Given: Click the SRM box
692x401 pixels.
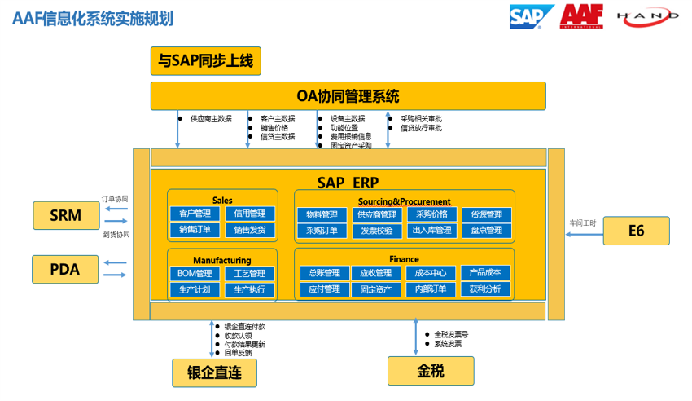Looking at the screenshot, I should point(65,215).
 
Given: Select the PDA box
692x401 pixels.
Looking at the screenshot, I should point(65,268).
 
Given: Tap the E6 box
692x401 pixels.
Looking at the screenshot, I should point(636,231).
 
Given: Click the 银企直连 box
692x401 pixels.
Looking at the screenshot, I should point(214,372).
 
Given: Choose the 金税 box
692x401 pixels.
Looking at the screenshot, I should point(431,371).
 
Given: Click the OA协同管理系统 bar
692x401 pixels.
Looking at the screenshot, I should point(348,96).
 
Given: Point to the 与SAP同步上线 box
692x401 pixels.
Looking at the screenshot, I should point(206,60).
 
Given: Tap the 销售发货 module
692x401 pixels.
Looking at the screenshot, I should point(250,230).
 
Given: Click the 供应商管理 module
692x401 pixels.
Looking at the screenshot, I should point(376,214).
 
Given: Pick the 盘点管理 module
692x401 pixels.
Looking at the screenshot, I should point(486,231).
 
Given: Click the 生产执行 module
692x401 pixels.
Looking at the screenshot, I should point(250,289).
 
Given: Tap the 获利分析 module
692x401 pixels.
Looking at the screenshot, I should point(486,289).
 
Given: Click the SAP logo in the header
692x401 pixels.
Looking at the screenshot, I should point(531,16).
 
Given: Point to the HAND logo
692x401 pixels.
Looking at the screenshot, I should point(647,16).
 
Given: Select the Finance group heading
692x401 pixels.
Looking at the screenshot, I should point(404,259).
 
